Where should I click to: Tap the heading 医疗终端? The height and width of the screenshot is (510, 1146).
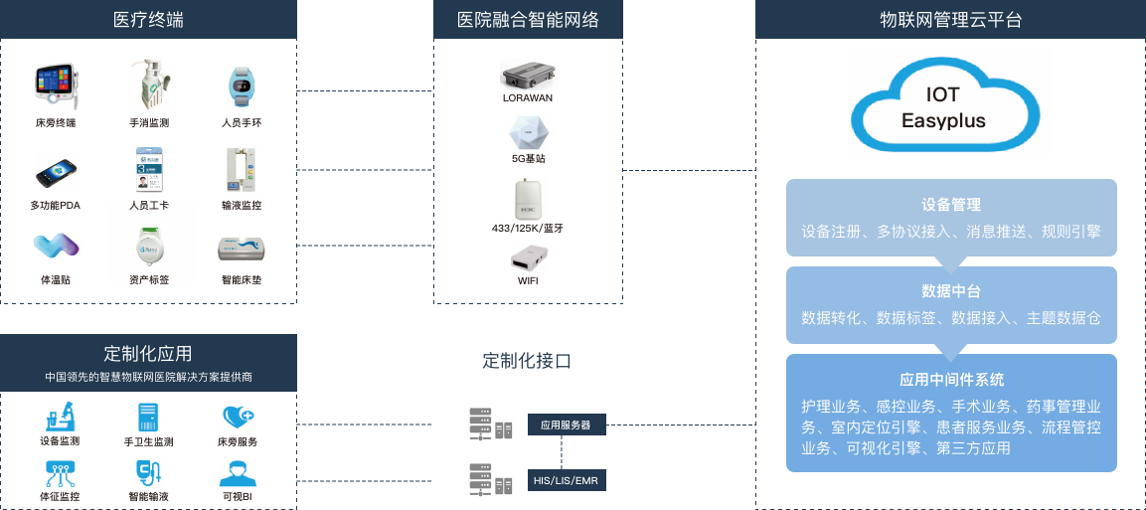coord(148,20)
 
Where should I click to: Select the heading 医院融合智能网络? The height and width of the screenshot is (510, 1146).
coord(528,20)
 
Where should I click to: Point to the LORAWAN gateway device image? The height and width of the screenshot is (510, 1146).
coord(529,75)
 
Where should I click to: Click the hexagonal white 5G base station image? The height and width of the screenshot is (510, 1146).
coord(529,132)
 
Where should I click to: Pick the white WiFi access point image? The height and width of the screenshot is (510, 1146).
coord(528,258)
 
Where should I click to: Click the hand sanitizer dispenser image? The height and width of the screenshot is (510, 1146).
coord(149,87)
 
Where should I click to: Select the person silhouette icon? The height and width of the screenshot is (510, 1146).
coord(238,473)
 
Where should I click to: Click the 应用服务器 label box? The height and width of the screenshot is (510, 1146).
coord(566,425)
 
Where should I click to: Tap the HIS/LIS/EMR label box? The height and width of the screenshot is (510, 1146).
coord(566,481)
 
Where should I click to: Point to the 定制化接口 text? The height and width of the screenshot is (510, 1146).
coord(527,361)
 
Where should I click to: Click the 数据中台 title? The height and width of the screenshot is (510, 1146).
coord(950,291)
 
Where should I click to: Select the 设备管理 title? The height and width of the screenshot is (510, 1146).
coord(950,205)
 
